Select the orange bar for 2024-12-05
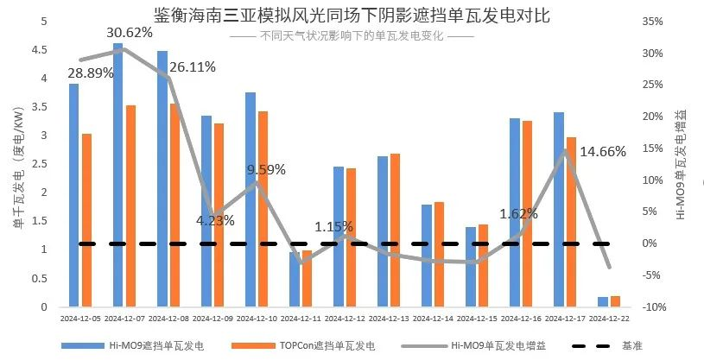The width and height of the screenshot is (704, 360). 86,220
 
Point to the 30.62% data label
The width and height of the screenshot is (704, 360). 130,33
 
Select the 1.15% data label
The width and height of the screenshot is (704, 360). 333,227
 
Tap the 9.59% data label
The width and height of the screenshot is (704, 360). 266,169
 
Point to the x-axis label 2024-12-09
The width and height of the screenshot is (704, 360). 214,319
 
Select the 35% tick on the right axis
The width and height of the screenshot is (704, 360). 652,22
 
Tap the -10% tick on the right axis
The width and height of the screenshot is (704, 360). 652,307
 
